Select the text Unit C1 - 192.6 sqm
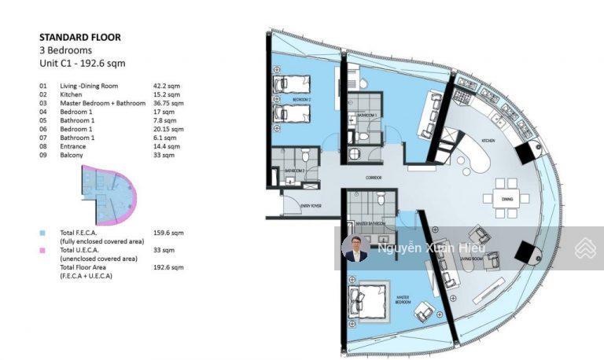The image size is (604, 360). coord(82,63)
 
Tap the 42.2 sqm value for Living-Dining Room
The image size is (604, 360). coord(167,85)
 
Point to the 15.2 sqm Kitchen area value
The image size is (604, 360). coord(167,94)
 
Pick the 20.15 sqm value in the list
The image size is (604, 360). coord(168,129)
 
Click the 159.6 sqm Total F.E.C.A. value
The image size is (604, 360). coord(168,233)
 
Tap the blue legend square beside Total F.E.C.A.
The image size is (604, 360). coord(42,233)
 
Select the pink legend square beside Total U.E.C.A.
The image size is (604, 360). coord(42,250)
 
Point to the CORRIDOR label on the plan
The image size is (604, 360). coord(374,178)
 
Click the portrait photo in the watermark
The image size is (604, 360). coord(355,248)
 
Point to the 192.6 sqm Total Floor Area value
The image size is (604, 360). coord(168,267)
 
